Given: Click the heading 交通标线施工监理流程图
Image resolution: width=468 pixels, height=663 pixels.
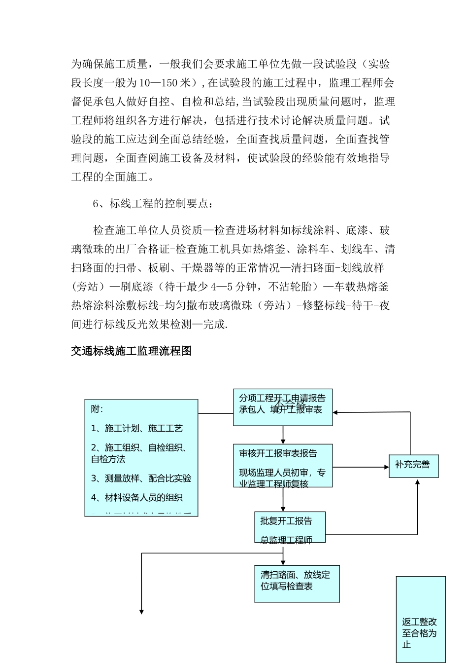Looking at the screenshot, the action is point(131,351).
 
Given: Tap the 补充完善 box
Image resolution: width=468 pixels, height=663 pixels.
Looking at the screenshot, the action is point(413,465).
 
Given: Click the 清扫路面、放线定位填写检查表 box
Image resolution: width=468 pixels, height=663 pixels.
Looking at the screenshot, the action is point(297,584).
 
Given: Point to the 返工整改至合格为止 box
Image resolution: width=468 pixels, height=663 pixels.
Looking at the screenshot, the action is point(420,620).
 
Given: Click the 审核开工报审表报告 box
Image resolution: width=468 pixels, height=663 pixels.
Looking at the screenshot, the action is point(282,465).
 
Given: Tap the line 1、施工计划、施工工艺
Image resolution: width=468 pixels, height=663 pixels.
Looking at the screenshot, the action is point(137,428).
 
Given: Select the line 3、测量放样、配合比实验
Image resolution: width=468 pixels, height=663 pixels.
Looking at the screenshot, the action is point(141,479).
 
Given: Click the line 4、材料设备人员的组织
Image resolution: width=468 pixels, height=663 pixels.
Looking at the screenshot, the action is point(137,498).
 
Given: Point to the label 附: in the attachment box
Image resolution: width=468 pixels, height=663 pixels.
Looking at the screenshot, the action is point(97,409).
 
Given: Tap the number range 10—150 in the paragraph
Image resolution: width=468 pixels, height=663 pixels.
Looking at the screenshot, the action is point(157,83).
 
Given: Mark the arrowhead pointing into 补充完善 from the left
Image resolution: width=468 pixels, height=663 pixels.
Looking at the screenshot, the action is point(385,466).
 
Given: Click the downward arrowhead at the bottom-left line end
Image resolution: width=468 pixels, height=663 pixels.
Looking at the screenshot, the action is point(142,612).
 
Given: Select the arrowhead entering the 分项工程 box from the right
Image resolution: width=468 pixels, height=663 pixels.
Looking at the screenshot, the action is point(336,412).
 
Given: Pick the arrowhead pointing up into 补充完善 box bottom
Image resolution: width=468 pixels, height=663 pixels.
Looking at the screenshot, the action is point(417,482).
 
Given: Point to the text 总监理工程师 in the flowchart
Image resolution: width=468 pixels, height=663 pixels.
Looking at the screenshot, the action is point(286,540).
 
